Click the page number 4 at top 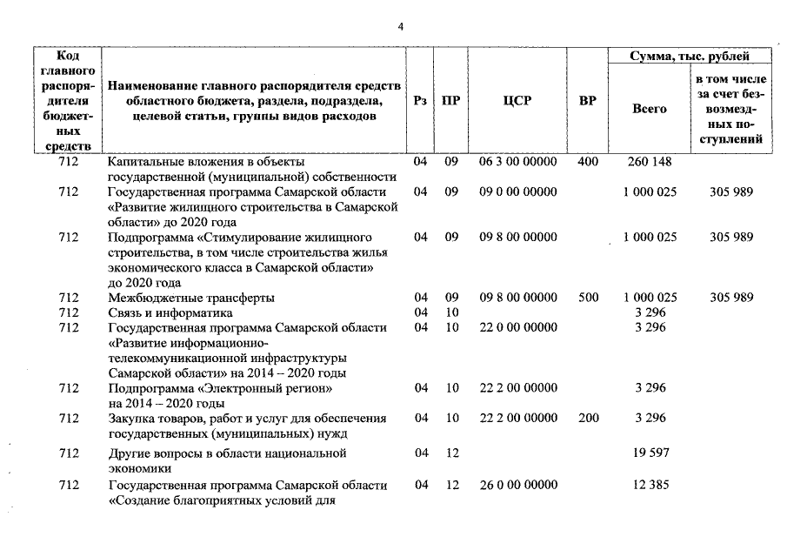point(401,27)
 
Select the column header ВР point(587,100)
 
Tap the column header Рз point(420,100)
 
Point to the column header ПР point(450,100)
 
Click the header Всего point(649,109)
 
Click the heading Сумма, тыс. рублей point(688,57)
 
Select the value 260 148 point(649,162)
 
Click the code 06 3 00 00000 point(517,162)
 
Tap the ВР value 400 point(588,162)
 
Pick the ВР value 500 point(588,298)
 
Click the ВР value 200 point(588,419)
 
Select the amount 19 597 point(649,453)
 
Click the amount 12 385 point(649,485)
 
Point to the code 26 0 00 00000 point(517,485)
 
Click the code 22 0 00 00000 point(517,327)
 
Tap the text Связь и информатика point(170,312)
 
